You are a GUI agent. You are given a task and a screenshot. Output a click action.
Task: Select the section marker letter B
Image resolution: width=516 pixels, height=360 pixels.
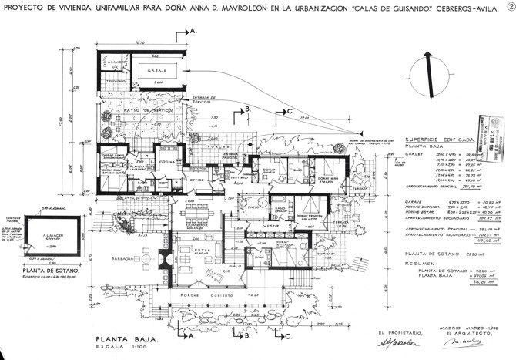point(248,111)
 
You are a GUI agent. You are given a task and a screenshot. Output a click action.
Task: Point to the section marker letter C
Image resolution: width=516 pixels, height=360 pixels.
point(290,111)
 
